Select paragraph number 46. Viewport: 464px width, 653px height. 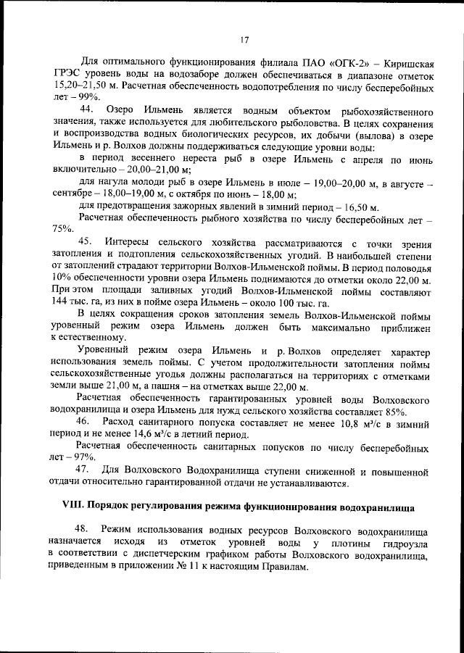(86, 420)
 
